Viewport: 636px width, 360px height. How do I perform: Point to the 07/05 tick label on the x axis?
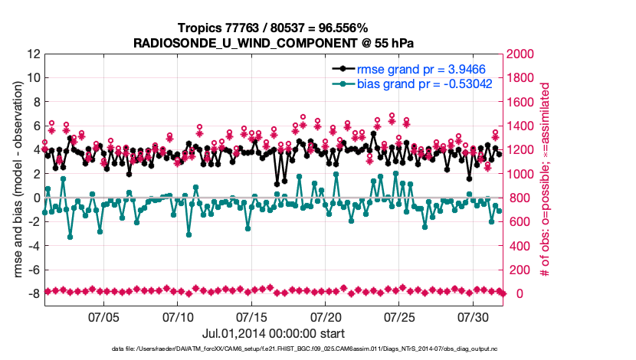104,316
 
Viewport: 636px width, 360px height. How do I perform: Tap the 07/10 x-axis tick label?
179,316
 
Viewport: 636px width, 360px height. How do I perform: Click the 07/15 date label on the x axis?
252,316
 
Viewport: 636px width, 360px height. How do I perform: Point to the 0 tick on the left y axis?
36,198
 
